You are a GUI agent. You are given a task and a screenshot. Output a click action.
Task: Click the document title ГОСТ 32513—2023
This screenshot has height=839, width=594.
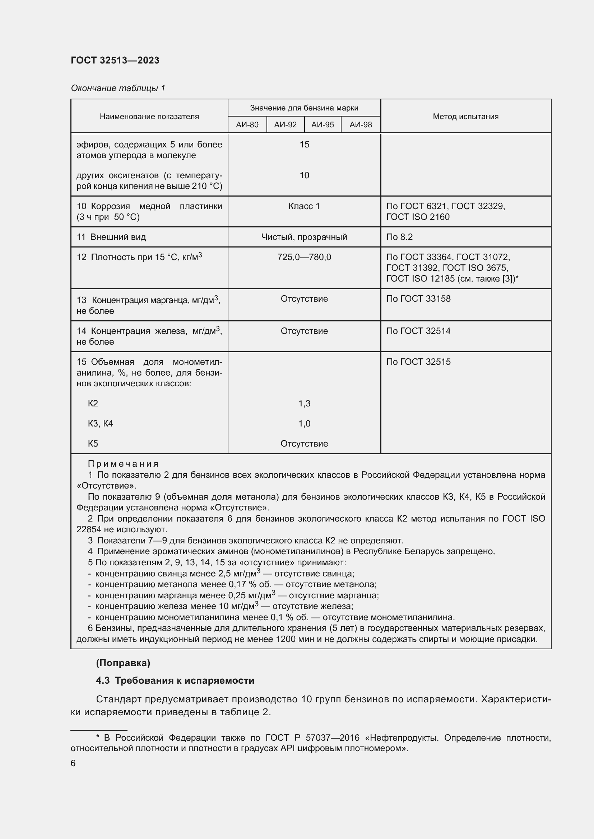(115, 60)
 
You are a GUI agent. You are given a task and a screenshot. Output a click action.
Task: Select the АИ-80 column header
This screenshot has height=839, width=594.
(247, 124)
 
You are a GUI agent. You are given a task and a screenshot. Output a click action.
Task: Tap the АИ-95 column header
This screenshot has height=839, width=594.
(322, 124)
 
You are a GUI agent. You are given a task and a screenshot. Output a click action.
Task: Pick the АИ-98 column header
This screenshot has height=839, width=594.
(360, 124)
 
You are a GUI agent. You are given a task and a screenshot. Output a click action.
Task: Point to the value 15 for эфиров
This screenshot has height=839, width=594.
(304, 144)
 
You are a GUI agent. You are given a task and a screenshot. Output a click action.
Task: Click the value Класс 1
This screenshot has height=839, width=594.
(304, 206)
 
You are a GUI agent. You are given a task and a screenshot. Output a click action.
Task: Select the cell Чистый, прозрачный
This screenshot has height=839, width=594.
(304, 237)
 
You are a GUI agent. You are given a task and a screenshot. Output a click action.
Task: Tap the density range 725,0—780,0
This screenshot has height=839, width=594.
(304, 257)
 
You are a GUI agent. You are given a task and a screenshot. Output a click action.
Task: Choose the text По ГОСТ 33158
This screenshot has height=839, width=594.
(418, 299)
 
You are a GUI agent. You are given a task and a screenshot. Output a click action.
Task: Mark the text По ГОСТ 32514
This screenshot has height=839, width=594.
(418, 331)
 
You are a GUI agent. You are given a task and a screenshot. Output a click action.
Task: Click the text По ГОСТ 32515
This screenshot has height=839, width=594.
(418, 362)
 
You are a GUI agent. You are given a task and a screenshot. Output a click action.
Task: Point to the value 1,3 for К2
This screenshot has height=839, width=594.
(304, 404)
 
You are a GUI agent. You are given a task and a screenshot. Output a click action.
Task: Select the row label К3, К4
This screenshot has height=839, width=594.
(100, 424)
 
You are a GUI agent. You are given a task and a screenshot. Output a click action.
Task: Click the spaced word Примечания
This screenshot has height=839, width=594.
(123, 464)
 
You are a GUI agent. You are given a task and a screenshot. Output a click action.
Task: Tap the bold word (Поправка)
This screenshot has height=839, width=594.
(123, 663)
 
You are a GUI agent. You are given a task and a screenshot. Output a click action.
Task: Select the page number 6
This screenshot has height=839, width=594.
(73, 763)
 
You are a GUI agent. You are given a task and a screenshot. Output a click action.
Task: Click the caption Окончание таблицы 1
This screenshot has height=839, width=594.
(118, 88)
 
